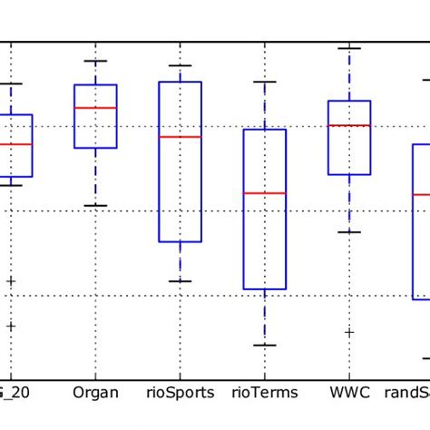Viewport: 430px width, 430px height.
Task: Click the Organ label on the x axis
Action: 94,393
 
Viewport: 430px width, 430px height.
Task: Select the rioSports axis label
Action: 180,393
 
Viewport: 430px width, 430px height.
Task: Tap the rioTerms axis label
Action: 264,393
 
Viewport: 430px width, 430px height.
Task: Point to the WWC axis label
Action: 348,393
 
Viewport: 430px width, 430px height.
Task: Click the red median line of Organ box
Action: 94,107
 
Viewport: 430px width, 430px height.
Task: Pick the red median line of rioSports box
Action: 180,137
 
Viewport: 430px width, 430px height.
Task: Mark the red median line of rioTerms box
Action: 264,193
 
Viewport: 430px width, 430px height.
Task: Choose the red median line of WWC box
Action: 348,125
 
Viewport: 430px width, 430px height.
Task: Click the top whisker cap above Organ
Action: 94,61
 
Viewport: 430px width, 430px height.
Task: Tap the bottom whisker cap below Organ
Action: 94,205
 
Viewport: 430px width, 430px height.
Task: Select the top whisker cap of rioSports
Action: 180,65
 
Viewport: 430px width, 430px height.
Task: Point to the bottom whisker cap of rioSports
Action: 180,281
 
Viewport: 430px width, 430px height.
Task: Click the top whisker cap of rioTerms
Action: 264,82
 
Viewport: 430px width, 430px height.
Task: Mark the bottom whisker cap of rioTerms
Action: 264,345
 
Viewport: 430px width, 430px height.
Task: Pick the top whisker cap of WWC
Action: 348,47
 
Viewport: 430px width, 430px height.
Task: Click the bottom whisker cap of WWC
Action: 348,232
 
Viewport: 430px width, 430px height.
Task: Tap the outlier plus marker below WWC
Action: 348,332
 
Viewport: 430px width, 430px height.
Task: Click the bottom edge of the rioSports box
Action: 180,241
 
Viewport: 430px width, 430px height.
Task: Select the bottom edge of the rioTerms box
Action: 264,288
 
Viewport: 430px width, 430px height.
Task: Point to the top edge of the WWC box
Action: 348,101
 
